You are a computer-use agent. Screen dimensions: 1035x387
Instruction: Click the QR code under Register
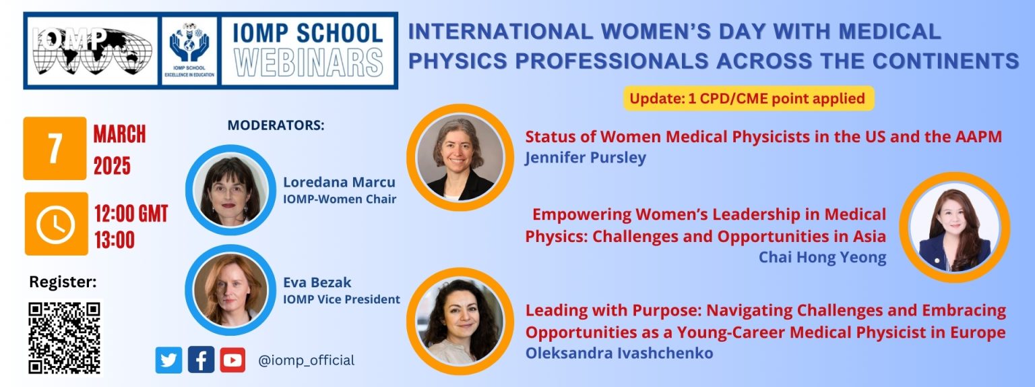click(x=64, y=338)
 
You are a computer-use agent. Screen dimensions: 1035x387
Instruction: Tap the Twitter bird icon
click(x=168, y=360)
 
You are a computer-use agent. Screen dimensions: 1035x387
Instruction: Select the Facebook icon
click(x=201, y=360)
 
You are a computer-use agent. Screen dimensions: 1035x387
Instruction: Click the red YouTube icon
click(x=232, y=360)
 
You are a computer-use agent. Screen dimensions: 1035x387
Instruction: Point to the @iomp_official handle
click(x=307, y=360)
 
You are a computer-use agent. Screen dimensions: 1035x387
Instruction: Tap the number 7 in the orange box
click(x=55, y=148)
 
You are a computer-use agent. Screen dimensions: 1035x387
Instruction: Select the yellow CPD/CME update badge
click(x=749, y=98)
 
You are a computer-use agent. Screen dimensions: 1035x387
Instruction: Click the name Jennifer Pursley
click(x=585, y=158)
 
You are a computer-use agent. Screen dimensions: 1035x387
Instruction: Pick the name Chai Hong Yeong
click(x=823, y=257)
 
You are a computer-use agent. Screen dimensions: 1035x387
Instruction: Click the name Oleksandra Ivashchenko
click(x=619, y=353)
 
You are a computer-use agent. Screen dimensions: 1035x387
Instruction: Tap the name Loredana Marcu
click(x=339, y=182)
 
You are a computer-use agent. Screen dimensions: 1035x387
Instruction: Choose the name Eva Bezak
click(x=317, y=282)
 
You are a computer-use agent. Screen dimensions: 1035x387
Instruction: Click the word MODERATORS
click(x=276, y=125)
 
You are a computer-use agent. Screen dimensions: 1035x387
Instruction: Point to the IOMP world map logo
click(x=92, y=51)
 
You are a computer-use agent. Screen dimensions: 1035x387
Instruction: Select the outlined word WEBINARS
click(x=308, y=63)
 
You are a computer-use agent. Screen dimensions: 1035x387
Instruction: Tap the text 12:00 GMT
click(x=131, y=214)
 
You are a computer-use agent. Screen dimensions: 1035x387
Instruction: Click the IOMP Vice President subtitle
click(x=342, y=299)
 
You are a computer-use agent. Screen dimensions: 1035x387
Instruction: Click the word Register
click(x=63, y=282)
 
